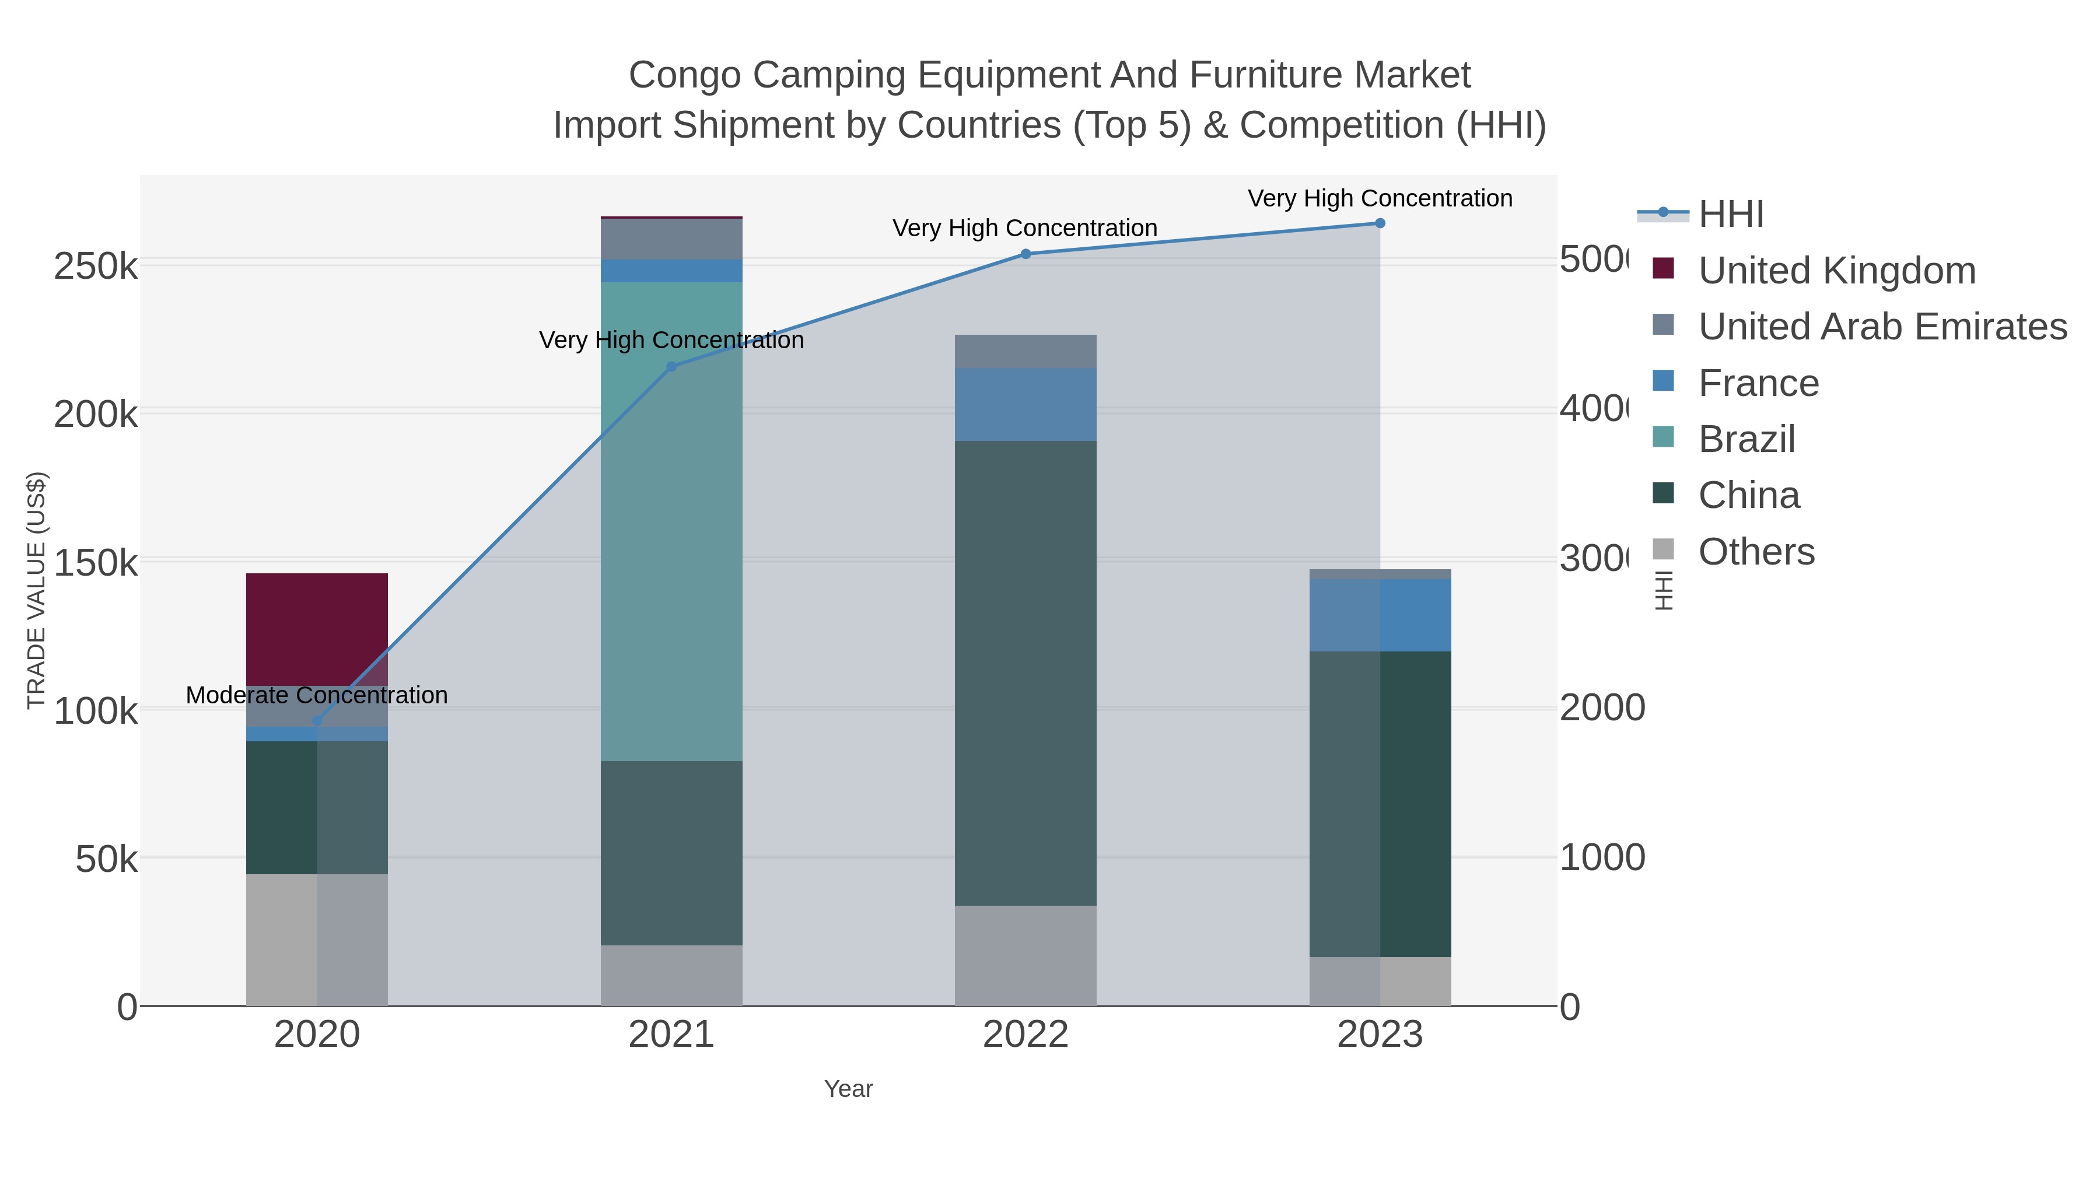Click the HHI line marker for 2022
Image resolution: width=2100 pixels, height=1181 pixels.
click(1025, 254)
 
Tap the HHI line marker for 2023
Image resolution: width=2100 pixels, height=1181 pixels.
click(1380, 223)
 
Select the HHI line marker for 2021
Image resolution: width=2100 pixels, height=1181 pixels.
click(671, 367)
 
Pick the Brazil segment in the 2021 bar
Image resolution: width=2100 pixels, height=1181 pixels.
click(671, 521)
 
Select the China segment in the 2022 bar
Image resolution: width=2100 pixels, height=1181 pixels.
click(1025, 672)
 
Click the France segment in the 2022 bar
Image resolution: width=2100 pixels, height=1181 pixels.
click(1025, 404)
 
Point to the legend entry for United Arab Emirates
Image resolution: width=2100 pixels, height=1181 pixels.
click(1881, 326)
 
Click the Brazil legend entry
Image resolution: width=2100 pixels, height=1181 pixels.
click(1746, 439)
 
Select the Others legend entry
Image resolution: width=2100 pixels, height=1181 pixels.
click(1756, 552)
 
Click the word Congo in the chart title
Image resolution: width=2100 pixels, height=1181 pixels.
click(684, 75)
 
